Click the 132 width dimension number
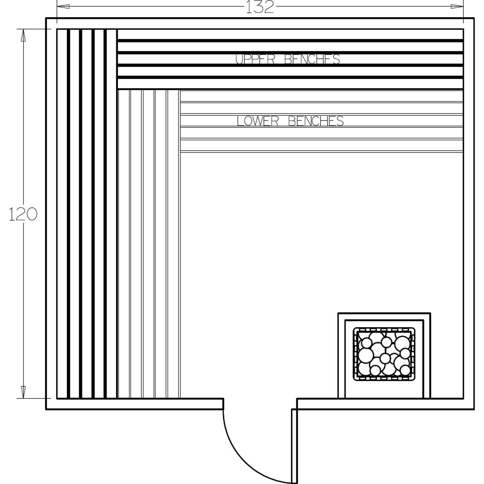click(x=260, y=7)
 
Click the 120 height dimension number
click(x=23, y=214)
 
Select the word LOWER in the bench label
click(x=257, y=121)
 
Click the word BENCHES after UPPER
click(x=312, y=59)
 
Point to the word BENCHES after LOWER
click(x=316, y=121)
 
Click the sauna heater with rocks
click(x=384, y=354)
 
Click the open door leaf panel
click(x=294, y=445)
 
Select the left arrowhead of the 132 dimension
click(x=63, y=6)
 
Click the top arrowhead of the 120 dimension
click(x=23, y=36)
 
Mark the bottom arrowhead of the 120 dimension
click(x=23, y=392)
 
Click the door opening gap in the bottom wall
click(x=260, y=404)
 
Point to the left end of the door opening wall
click(x=223, y=404)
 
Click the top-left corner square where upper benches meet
click(x=87, y=59)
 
